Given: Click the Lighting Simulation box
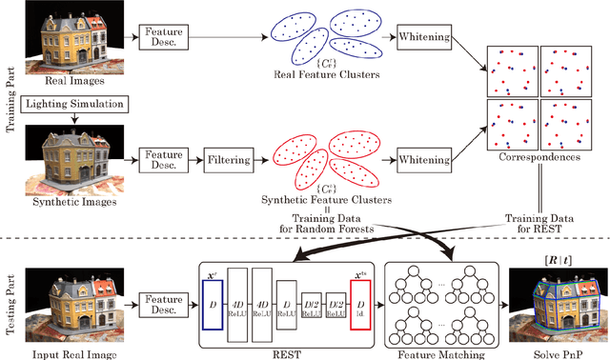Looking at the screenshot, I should [x=71, y=102].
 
